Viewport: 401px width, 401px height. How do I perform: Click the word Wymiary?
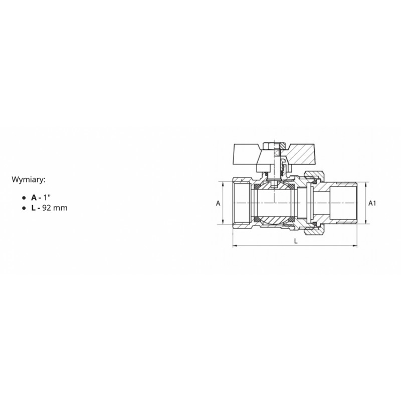tap(28, 180)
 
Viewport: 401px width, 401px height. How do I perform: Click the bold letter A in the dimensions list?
tap(34, 197)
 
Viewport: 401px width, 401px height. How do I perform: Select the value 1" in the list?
tap(47, 197)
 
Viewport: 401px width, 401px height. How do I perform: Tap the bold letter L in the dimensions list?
tap(34, 208)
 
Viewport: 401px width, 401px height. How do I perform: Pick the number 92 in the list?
tap(47, 208)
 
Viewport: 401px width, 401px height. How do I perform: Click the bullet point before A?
tap(24, 198)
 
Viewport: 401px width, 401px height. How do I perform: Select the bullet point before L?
tap(24, 208)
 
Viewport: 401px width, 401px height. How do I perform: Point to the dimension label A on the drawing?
tap(218, 204)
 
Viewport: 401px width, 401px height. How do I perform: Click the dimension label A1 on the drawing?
tap(372, 204)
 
